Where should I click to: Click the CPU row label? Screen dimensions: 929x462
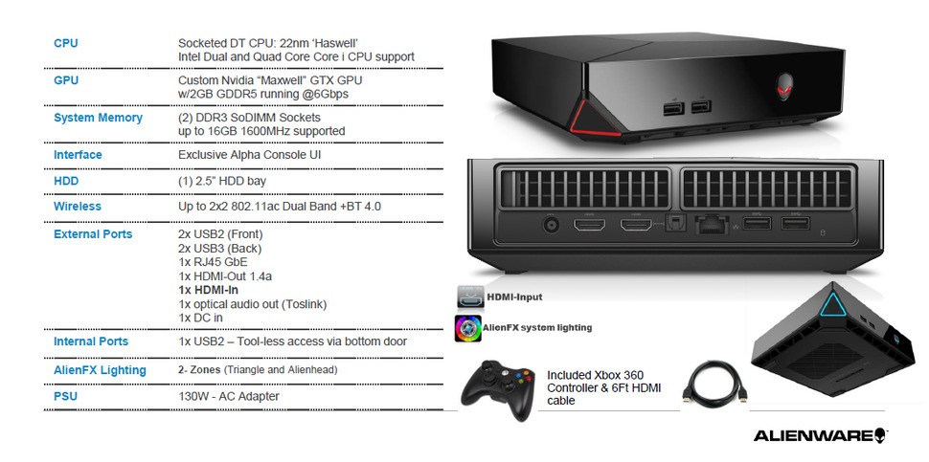[66, 43]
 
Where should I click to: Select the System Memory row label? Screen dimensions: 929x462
[98, 118]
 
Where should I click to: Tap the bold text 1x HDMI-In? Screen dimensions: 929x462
[208, 291]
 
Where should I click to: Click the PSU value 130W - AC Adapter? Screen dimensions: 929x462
[229, 396]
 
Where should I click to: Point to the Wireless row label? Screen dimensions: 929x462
[77, 207]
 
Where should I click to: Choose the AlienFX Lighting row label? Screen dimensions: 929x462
[100, 370]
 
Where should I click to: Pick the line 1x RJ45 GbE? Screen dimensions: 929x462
[213, 262]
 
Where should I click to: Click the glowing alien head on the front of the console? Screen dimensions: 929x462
[785, 86]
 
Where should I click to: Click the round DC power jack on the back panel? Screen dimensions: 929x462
[552, 226]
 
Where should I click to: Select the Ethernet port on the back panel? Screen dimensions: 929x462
[709, 225]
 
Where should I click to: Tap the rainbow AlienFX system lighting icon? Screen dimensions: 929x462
[468, 328]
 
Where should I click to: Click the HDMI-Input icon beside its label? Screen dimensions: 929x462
[470, 297]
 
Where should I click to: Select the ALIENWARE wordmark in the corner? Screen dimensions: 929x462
[821, 436]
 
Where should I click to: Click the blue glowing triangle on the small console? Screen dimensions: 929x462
[832, 304]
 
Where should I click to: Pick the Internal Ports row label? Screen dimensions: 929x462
[91, 341]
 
